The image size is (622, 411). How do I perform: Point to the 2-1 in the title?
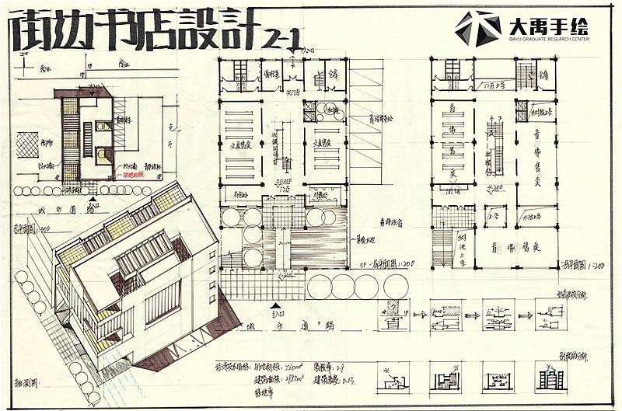click(283, 35)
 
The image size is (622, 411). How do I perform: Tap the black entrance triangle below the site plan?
click(93, 200)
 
